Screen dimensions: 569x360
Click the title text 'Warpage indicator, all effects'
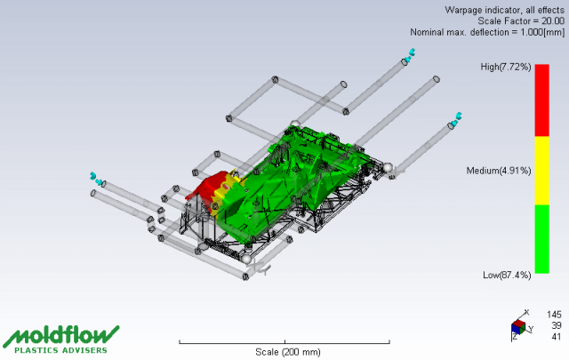tap(504, 10)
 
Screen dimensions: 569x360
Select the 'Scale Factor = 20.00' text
tap(521, 20)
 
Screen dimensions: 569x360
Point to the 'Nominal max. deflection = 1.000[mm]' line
tap(487, 32)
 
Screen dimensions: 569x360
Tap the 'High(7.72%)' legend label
tap(506, 67)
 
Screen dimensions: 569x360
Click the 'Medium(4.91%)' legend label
tap(499, 170)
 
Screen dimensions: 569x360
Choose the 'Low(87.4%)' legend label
tap(507, 275)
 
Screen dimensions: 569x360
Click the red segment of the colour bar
tap(541, 100)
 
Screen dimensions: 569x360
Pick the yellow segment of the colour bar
tap(541, 171)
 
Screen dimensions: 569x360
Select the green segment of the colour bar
tap(541, 239)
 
